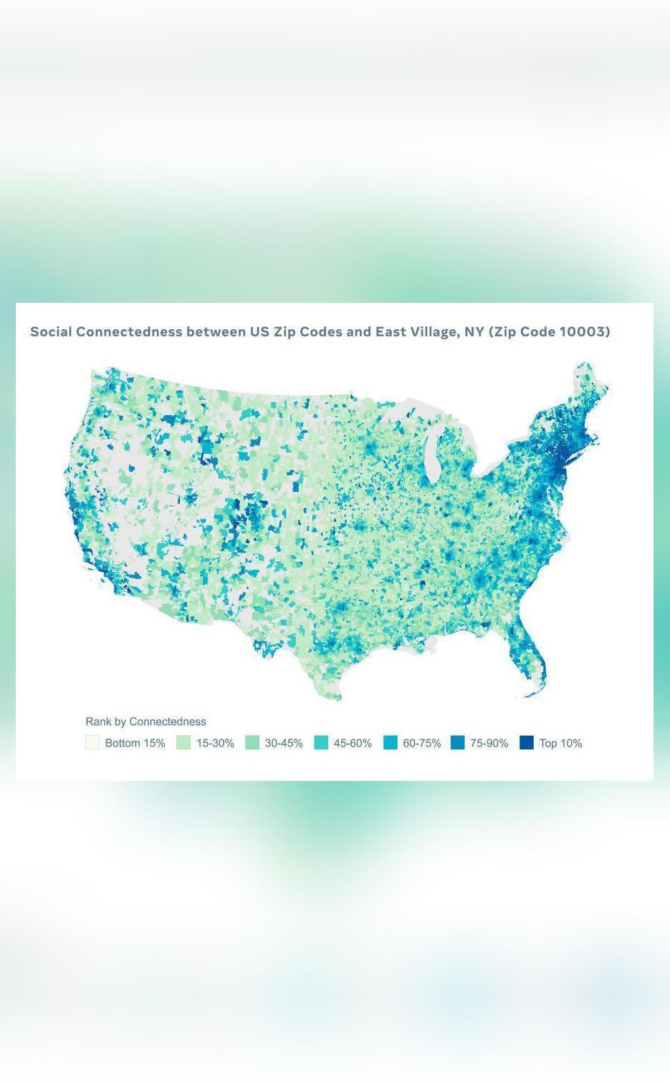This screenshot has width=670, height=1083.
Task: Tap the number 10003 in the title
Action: (584, 331)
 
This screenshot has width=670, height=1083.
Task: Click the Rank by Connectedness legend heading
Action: (145, 722)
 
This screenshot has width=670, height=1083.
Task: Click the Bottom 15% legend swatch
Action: (92, 742)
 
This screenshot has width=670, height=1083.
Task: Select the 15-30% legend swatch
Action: (183, 742)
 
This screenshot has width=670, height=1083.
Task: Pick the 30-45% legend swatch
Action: (252, 742)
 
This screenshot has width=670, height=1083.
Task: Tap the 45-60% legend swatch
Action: (321, 742)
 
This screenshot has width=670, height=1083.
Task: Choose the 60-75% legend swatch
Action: (390, 742)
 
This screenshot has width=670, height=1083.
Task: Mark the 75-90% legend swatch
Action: (458, 742)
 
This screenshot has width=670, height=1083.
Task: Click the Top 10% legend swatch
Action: (527, 742)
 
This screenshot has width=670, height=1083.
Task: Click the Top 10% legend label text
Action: (560, 743)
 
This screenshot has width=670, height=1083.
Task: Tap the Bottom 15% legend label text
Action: (135, 743)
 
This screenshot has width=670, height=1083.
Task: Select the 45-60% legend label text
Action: (353, 743)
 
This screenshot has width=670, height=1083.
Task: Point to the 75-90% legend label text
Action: (489, 743)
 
